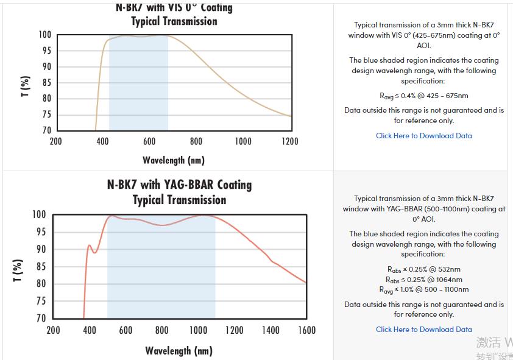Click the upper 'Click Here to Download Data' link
(423, 136)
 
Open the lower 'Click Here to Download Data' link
(423, 330)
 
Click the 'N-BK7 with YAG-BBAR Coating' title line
(179, 185)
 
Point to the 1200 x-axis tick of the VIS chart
(290, 141)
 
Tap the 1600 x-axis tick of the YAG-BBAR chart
(306, 330)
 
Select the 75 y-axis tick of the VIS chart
(47, 115)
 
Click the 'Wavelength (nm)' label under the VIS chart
(174, 160)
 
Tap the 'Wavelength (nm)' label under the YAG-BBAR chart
(179, 351)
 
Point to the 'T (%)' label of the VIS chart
(25, 86)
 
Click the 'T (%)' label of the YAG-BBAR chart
(18, 270)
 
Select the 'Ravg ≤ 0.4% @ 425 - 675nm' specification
(423, 96)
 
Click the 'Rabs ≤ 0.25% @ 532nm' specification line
(423, 269)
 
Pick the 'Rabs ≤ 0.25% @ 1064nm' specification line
(423, 280)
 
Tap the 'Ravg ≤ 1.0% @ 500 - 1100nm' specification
(423, 290)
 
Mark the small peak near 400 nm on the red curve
(90, 245)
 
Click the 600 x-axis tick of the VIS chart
(149, 141)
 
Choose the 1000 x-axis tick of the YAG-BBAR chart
(198, 330)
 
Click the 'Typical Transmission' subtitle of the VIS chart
(174, 21)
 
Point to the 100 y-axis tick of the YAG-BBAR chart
(39, 214)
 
